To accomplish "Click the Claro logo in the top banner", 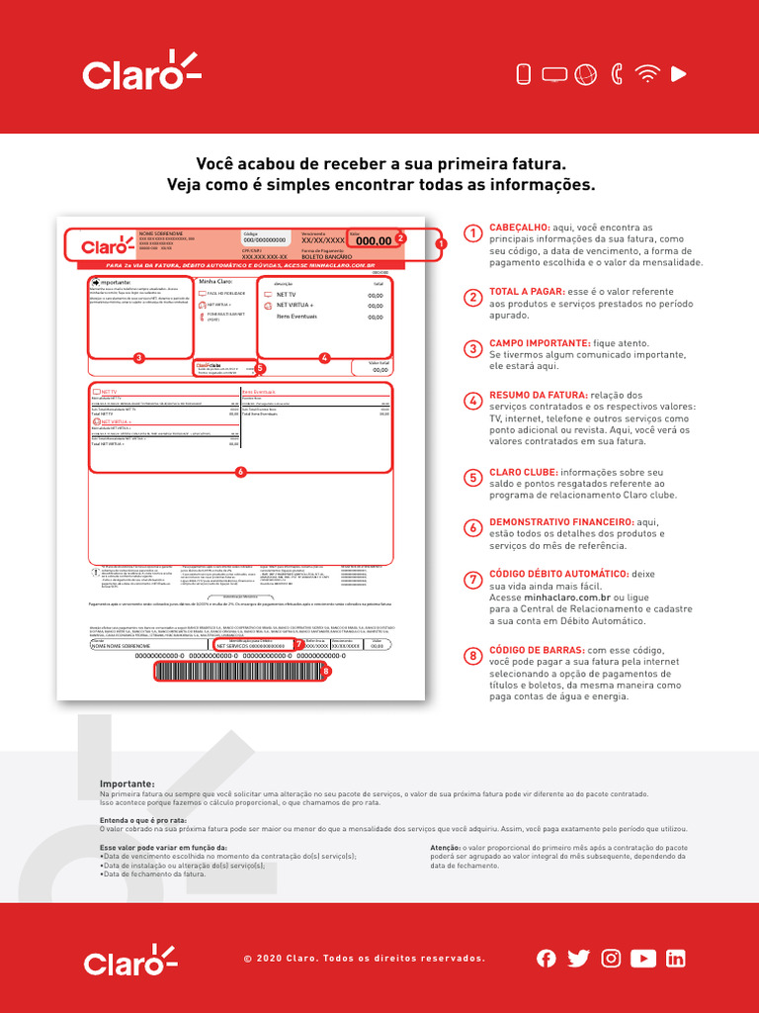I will point(141,72).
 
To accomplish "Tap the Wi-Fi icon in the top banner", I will point(647,73).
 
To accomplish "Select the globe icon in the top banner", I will point(585,73).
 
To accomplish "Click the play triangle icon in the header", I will point(678,73).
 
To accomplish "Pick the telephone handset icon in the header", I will point(618,73).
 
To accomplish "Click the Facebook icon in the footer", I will point(547,958).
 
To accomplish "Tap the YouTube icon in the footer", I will point(643,958).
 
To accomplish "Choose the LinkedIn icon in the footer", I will point(676,958).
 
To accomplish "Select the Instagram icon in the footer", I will point(612,958).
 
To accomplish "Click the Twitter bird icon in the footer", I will point(579,958).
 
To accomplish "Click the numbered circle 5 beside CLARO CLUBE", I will point(473,478).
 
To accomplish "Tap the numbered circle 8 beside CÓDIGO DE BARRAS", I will point(473,653).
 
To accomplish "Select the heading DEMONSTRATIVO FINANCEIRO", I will point(561,521).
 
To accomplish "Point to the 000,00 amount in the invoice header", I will point(374,240).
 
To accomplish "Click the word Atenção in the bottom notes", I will point(449,848).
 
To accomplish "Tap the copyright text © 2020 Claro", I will point(364,958).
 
